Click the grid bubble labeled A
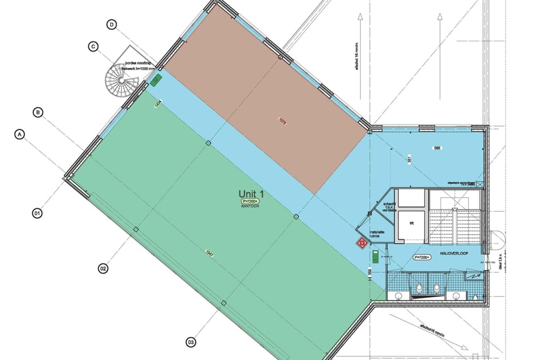click(x=20, y=135)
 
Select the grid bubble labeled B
click(x=39, y=111)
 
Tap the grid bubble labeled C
click(x=92, y=47)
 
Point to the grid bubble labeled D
click(x=111, y=24)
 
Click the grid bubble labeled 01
click(x=38, y=213)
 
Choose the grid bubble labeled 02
click(x=102, y=267)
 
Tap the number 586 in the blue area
click(x=437, y=149)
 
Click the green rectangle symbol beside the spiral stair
click(x=157, y=80)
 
